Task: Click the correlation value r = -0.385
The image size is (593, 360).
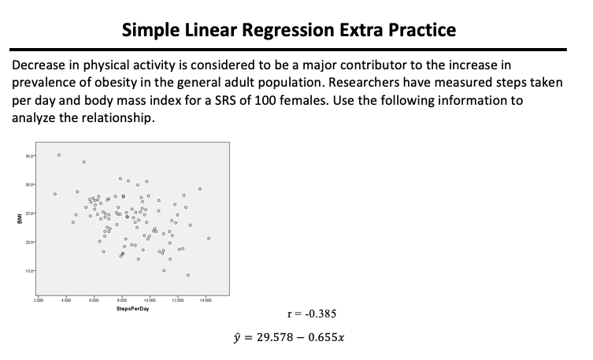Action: [x=313, y=314]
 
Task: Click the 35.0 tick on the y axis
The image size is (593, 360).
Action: [x=28, y=156]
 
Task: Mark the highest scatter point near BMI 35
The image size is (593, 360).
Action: [x=58, y=155]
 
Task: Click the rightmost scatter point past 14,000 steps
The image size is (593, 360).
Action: [x=209, y=238]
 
